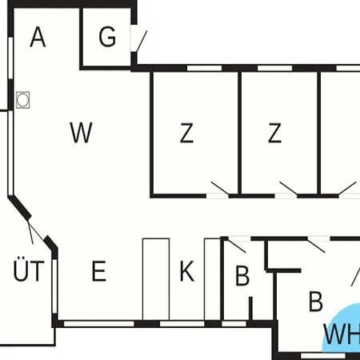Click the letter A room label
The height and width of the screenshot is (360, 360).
pos(38,37)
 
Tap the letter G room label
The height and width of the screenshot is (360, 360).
pos(107,37)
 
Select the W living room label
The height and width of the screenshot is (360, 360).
pos(81,132)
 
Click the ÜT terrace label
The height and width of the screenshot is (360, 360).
pos(29,270)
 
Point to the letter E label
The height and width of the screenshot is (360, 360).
pos(99,271)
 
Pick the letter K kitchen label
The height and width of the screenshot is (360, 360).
pos(186,271)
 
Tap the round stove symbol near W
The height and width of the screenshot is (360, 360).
pos(22,100)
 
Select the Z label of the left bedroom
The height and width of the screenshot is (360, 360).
pos(186,133)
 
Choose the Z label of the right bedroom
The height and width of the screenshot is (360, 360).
pos(274,133)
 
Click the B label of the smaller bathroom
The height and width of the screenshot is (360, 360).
pos(242,276)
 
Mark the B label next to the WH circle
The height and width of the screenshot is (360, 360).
pos(316,302)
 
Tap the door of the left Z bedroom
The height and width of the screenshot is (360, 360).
pos(220,188)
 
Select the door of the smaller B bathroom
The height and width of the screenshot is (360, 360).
pos(236,246)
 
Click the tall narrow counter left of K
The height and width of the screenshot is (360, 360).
pos(156,279)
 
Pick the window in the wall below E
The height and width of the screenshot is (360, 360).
pos(99,324)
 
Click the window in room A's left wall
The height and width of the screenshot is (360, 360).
pos(10,58)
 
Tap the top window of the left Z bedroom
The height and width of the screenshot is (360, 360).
pos(204,68)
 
